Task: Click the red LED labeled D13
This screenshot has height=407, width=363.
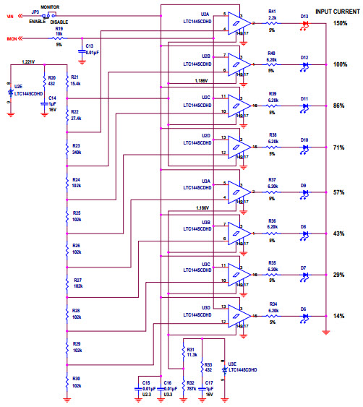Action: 304,23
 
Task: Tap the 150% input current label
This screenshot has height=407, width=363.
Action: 340,24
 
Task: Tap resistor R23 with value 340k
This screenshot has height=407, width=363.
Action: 67,149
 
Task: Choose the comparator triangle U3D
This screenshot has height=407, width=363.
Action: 239,316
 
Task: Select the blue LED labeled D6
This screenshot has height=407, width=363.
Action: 304,317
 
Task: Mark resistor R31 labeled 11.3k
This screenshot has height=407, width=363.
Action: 181,352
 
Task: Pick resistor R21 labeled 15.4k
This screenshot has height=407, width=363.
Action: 67,81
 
